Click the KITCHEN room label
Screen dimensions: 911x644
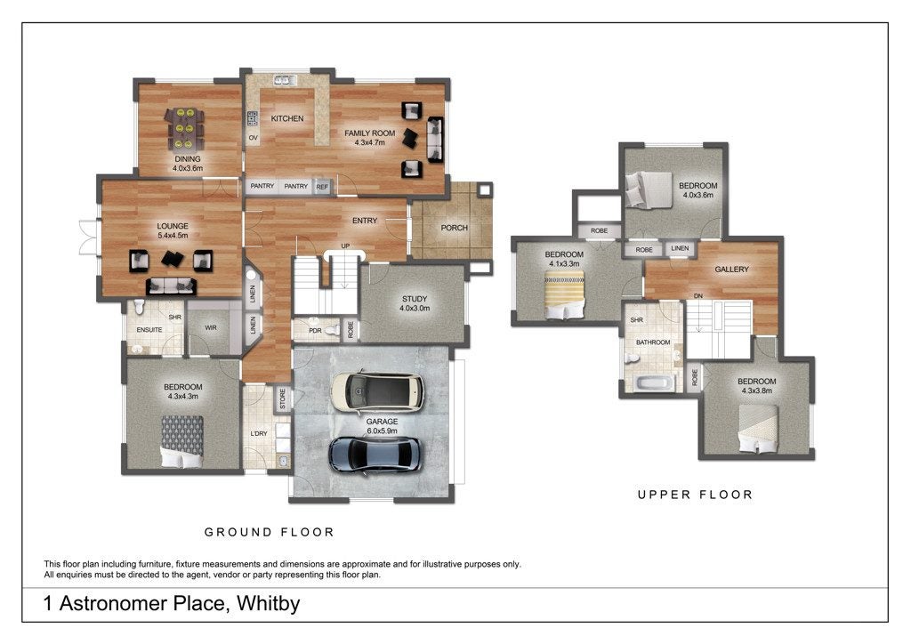287,118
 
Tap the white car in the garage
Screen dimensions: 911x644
377,391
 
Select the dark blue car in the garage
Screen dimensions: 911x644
376,455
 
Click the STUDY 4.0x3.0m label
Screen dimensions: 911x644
415,303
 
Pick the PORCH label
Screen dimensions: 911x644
454,228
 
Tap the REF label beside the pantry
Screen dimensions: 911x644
322,187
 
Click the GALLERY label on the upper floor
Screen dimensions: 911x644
731,270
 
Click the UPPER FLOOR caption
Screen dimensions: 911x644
695,495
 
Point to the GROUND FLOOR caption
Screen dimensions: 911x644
269,532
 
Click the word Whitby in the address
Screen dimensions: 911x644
269,603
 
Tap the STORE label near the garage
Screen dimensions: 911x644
283,399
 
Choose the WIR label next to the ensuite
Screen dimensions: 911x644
211,327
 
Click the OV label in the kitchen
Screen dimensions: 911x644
254,138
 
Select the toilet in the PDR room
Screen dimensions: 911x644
333,330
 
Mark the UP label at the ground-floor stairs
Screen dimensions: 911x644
345,246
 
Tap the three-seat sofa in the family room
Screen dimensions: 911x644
435,140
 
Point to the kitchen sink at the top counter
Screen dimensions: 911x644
286,80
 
